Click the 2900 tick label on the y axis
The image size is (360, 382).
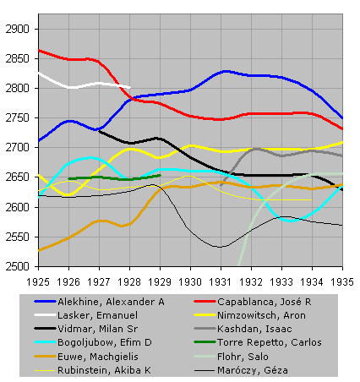point(17,29)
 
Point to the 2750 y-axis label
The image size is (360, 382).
point(17,118)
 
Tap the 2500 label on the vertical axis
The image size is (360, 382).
point(17,266)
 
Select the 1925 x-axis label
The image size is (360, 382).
point(38,282)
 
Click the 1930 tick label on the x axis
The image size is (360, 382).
point(190,282)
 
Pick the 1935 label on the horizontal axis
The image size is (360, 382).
point(342,282)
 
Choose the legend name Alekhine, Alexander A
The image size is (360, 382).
point(111,302)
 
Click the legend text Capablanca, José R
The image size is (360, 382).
point(265,302)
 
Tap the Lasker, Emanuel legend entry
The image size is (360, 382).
point(97,315)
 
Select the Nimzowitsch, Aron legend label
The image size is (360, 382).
point(261,315)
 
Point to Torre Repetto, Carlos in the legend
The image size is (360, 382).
point(270,342)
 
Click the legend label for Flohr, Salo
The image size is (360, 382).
point(243,357)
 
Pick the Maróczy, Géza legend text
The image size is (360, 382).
point(253,370)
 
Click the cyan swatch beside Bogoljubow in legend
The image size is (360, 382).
point(45,342)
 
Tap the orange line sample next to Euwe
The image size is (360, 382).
point(45,357)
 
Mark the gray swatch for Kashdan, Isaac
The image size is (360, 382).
point(205,329)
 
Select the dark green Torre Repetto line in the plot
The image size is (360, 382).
point(114,177)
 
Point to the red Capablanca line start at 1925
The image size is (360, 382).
point(39,51)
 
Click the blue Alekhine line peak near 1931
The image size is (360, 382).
point(226,72)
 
